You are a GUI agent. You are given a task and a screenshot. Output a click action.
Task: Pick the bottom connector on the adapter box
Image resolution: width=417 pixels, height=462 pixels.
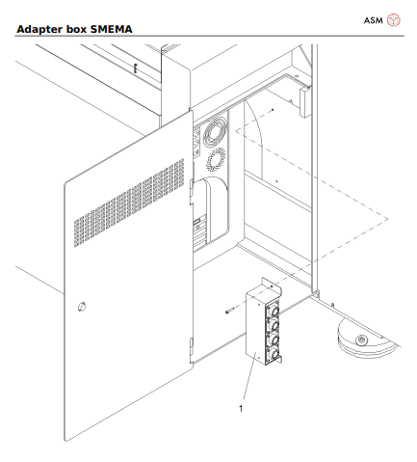click(274, 353)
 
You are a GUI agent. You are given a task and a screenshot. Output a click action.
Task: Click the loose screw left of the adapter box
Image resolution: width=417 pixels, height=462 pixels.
click(228, 310)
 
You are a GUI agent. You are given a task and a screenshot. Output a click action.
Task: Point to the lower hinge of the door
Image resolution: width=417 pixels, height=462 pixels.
click(193, 343)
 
